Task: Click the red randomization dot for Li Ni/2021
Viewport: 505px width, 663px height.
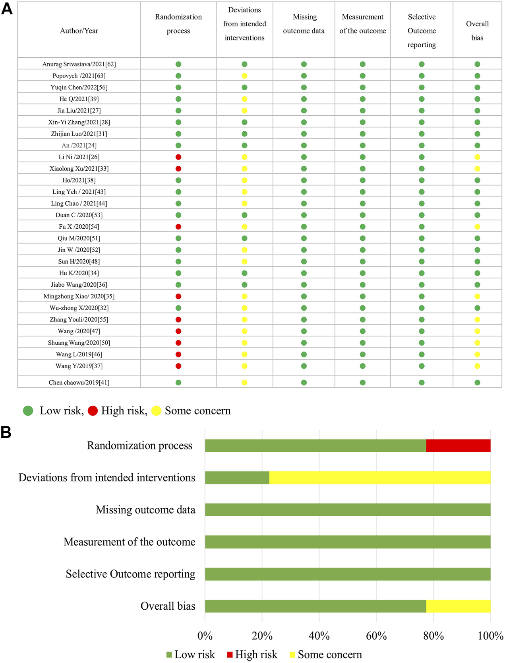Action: [x=178, y=157]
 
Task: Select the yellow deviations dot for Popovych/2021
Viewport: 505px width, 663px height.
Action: [x=244, y=76]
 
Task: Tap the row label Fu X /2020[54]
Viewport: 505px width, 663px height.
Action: [x=79, y=227]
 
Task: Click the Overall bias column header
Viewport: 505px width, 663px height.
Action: [x=477, y=31]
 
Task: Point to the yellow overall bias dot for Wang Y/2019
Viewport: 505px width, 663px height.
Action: [x=477, y=366]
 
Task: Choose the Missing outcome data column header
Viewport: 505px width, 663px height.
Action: [x=304, y=24]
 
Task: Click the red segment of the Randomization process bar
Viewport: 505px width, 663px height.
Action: [x=458, y=445]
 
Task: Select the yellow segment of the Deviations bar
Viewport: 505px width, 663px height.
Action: [x=379, y=478]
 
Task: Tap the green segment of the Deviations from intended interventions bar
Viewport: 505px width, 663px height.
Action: [x=237, y=478]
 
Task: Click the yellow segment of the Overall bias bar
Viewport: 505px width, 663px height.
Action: [x=458, y=606]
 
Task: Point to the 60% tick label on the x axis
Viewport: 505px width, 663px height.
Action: [x=376, y=636]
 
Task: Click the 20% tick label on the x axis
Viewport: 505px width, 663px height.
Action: [x=262, y=636]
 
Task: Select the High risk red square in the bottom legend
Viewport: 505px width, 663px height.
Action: [x=230, y=655]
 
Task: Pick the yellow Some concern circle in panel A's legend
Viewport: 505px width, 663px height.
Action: [x=157, y=411]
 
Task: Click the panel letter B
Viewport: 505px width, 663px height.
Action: [x=6, y=432]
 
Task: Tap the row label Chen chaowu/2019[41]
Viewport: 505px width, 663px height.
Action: [x=79, y=383]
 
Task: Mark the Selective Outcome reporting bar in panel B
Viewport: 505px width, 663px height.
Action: [x=348, y=574]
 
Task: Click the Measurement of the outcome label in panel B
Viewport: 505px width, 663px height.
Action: [x=130, y=542]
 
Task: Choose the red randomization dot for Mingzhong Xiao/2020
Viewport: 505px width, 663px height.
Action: [x=178, y=296]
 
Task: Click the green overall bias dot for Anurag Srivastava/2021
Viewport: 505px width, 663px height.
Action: [x=477, y=64]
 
